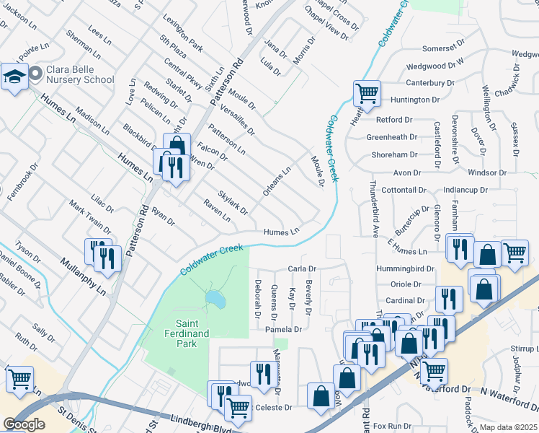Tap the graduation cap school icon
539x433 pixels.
click(14, 76)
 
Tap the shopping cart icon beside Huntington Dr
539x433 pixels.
click(367, 93)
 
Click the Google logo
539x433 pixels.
click(24, 424)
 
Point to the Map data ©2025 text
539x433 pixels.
click(508, 427)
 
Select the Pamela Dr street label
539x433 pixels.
click(282, 329)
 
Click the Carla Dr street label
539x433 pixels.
click(303, 268)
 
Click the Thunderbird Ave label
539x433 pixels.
click(375, 209)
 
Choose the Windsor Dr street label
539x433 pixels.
click(487, 173)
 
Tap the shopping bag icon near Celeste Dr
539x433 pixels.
click(320, 396)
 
